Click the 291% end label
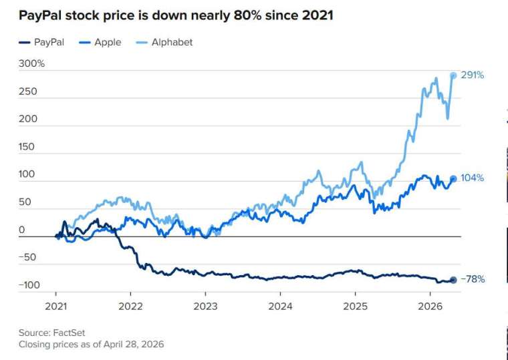(473, 75)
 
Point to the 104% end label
(473, 178)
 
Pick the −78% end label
(472, 280)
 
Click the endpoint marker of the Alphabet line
(453, 75)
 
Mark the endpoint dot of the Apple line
(453, 178)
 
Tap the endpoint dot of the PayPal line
(453, 280)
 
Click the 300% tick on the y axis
(31, 64)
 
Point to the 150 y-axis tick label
(27, 146)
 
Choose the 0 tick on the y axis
(21, 230)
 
